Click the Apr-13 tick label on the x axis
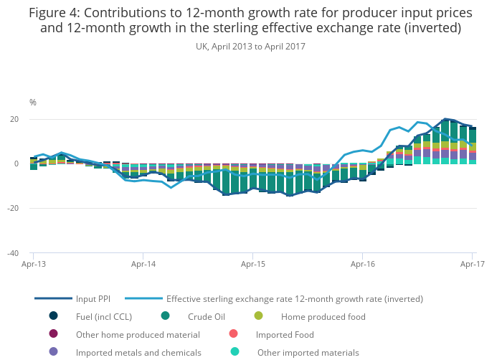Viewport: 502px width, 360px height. pyautogui.click(x=33, y=265)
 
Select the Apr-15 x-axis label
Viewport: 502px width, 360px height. pyautogui.click(x=252, y=265)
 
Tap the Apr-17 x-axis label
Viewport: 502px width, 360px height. pyautogui.click(x=473, y=265)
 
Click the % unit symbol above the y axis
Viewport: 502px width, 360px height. pyautogui.click(x=33, y=103)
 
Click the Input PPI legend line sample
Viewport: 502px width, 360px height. pyautogui.click(x=54, y=299)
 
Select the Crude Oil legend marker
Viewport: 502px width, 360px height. pyautogui.click(x=166, y=316)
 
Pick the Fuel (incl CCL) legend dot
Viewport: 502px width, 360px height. pyautogui.click(x=53, y=316)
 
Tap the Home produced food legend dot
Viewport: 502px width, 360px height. pyautogui.click(x=258, y=316)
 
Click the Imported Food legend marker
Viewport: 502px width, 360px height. pyautogui.click(x=233, y=334)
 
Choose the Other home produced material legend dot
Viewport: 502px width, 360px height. pyautogui.click(x=53, y=334)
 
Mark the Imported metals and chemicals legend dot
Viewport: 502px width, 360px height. pyautogui.click(x=53, y=352)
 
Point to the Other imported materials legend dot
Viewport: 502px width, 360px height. pyautogui.click(x=235, y=352)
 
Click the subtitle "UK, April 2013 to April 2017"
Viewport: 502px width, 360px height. pyautogui.click(x=251, y=46)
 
